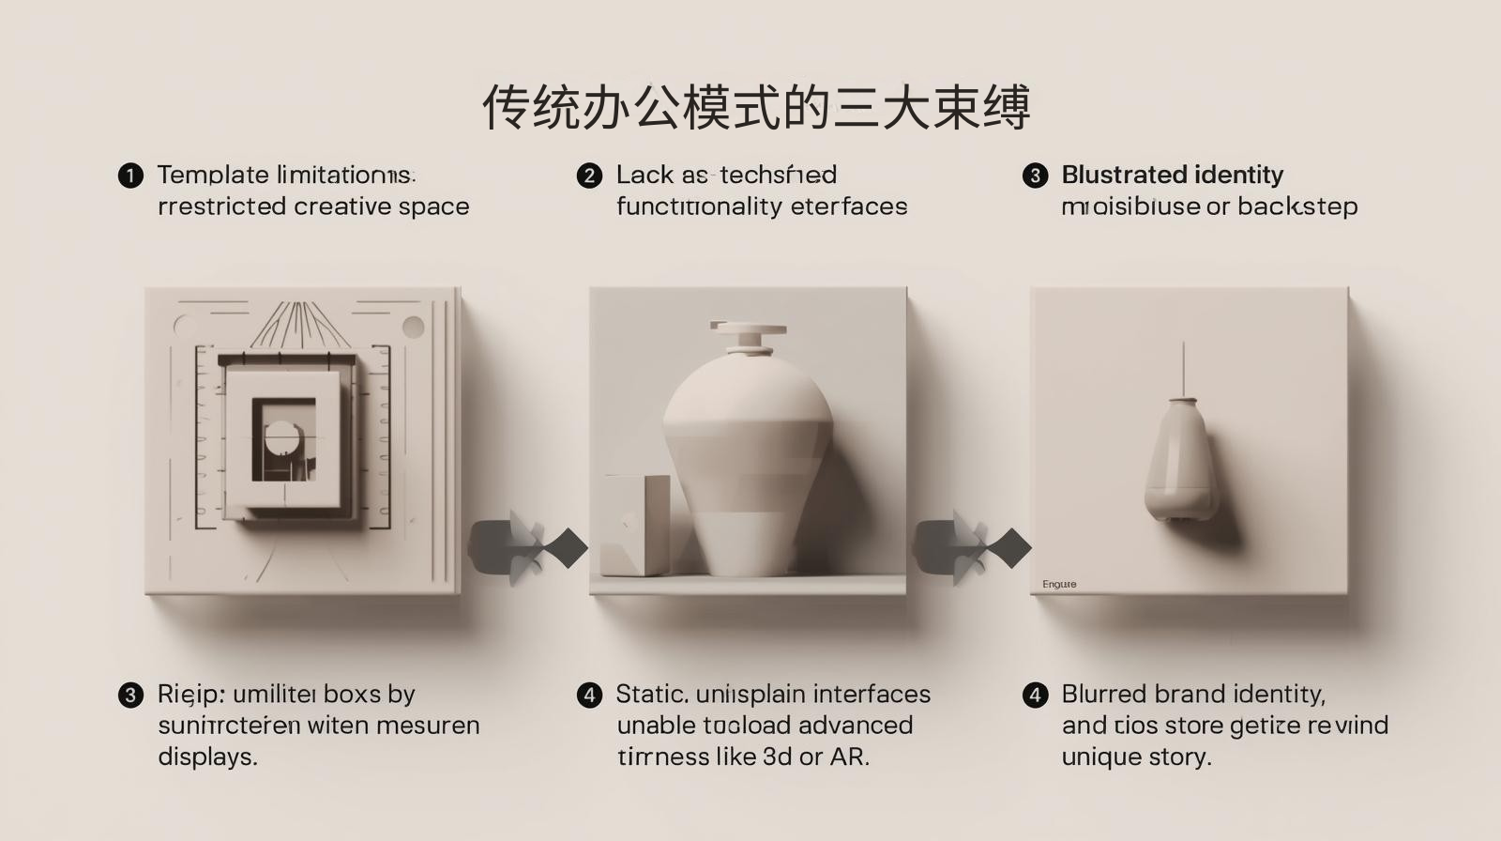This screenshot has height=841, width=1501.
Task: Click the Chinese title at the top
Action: pos(756,107)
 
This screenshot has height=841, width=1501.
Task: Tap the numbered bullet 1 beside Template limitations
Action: pos(130,176)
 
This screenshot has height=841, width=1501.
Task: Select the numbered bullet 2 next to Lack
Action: pos(589,176)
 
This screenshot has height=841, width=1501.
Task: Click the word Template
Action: pos(213,175)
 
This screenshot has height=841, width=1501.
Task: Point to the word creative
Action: pos(341,206)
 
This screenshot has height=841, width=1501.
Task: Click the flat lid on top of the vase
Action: pos(748,329)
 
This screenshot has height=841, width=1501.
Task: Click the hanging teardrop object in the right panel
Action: pos(1182,460)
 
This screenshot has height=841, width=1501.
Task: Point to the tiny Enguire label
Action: pos(1059,585)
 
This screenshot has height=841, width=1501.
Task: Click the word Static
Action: pos(653,695)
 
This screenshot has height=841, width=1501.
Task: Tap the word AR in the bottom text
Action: pos(848,757)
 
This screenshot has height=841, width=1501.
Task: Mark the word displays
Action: pos(207,757)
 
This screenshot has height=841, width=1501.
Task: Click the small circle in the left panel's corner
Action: pos(413,328)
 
